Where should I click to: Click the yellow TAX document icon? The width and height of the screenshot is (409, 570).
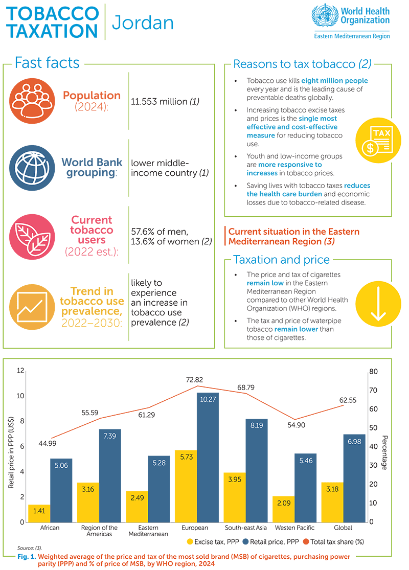(x=377, y=139)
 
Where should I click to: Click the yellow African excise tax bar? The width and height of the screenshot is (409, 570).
(x=39, y=513)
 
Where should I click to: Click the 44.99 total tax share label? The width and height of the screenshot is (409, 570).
(x=48, y=443)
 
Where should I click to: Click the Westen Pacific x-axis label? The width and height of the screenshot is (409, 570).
(x=294, y=528)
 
